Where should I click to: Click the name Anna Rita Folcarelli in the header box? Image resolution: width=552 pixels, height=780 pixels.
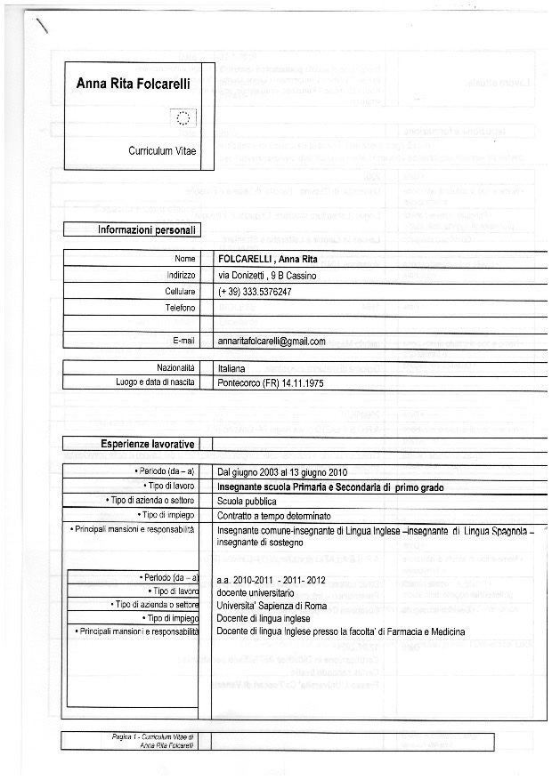[138, 85]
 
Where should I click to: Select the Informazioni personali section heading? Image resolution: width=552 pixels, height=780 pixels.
[147, 229]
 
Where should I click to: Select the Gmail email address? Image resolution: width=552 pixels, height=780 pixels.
[272, 341]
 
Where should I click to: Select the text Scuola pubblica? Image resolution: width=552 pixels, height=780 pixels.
[247, 502]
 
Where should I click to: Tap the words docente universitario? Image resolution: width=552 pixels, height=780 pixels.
[255, 591]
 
